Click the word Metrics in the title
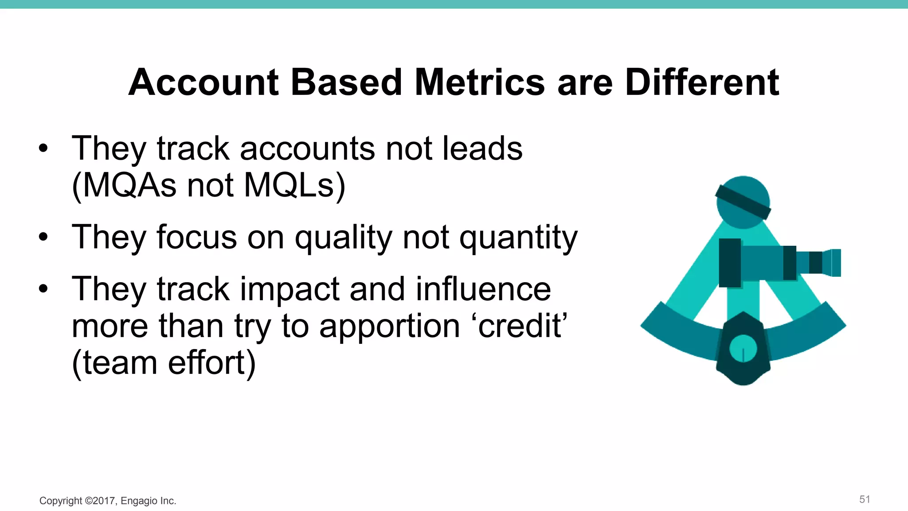point(479,83)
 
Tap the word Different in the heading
point(702,83)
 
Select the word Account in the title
point(204,83)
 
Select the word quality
point(344,238)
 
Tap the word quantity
point(518,238)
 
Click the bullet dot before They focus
point(43,237)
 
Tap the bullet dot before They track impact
point(43,289)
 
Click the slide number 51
point(864,499)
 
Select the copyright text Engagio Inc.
point(148,501)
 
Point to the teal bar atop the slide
point(454,4)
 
